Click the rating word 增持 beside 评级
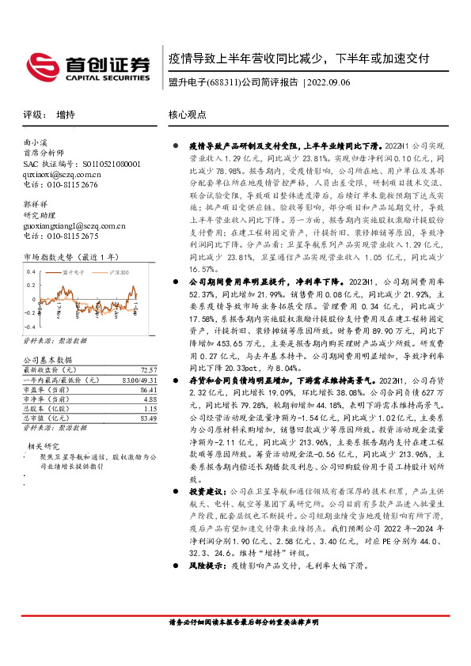point(66,115)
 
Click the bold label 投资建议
point(207,513)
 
